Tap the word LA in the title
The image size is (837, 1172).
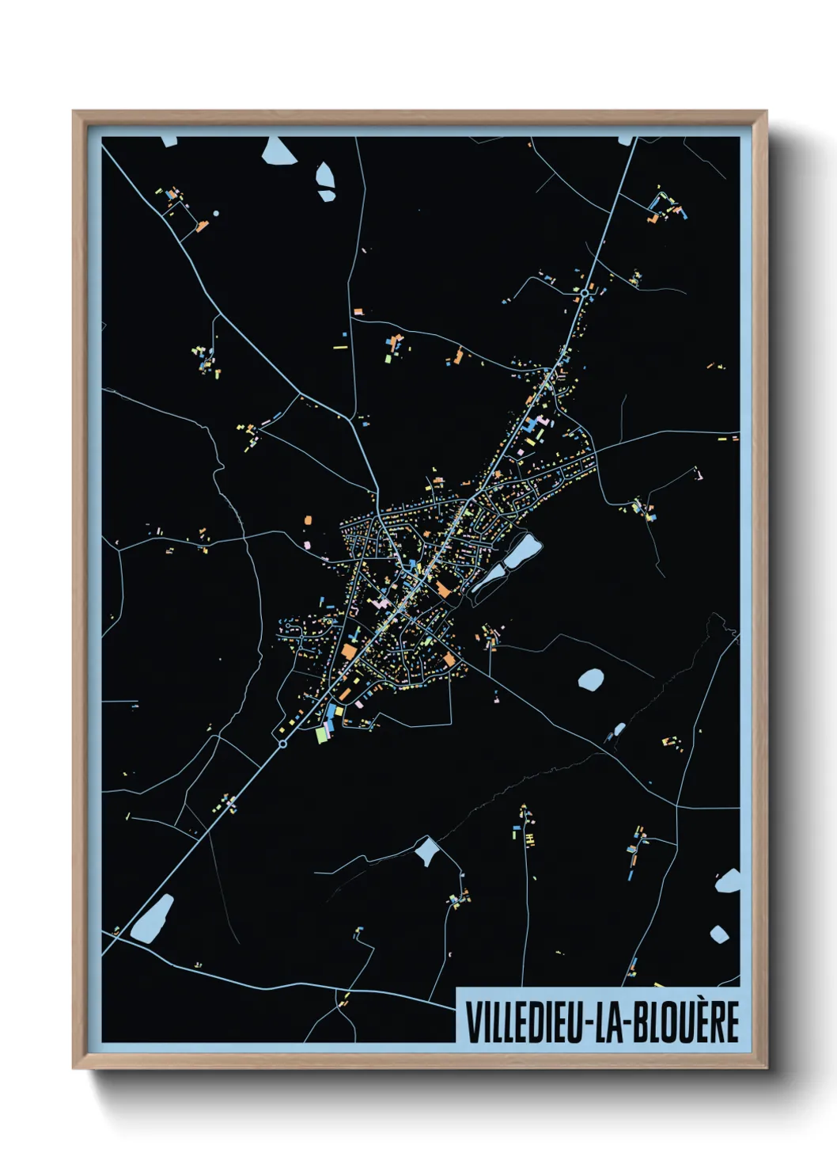pos(611,1022)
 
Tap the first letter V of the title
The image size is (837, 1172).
pos(472,1022)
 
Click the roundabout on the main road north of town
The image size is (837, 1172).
pos(584,293)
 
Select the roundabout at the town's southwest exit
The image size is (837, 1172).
pos(282,744)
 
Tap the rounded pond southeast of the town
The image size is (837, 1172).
pos(590,679)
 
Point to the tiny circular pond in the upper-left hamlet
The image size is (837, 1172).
pos(215,213)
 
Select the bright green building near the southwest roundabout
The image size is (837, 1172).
pos(321,735)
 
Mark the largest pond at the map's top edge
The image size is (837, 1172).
pos(279,151)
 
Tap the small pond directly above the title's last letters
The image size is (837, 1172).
pos(719,934)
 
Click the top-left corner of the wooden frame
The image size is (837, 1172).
pos(74,112)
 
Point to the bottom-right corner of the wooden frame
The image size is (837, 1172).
pos(766,1067)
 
